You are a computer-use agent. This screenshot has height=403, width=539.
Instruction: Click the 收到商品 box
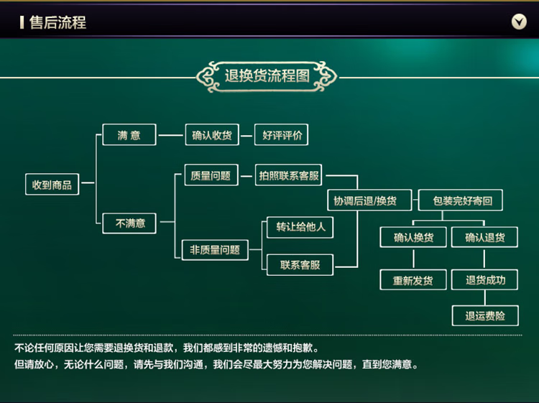click(x=52, y=185)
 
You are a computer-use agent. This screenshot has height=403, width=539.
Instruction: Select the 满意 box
click(x=129, y=135)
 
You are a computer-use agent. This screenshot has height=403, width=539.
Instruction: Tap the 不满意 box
click(x=130, y=223)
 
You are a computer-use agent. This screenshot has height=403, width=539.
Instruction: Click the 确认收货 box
click(x=212, y=135)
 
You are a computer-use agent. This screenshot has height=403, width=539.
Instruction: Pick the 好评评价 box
click(x=282, y=135)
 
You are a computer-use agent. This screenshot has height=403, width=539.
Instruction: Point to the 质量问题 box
click(x=211, y=175)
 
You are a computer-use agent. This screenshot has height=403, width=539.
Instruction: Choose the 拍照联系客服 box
click(x=289, y=175)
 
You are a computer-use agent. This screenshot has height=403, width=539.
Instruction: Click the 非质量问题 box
click(x=214, y=250)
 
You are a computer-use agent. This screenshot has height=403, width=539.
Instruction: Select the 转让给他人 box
click(x=300, y=227)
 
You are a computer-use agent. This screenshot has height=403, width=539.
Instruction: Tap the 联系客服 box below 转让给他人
click(x=300, y=265)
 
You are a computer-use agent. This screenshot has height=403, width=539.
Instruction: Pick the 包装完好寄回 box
click(x=462, y=200)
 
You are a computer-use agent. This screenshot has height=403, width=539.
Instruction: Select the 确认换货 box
click(x=413, y=237)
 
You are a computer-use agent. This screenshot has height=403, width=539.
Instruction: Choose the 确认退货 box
click(x=485, y=237)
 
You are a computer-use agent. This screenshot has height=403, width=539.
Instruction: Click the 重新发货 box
click(x=413, y=280)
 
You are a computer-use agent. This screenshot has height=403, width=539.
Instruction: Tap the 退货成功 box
click(x=485, y=280)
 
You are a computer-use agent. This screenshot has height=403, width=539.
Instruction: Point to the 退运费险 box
click(x=485, y=315)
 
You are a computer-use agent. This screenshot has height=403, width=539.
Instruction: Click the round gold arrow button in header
click(x=519, y=22)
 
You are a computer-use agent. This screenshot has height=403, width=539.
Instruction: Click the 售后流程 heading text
click(x=57, y=22)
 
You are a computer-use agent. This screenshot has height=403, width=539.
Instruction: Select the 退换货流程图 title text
click(x=267, y=76)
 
